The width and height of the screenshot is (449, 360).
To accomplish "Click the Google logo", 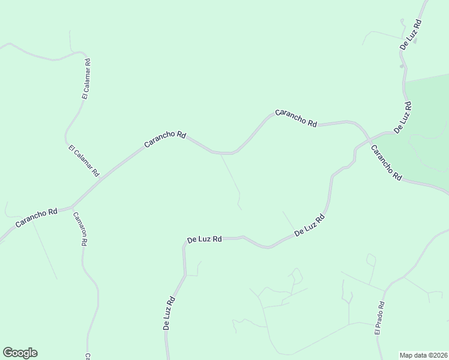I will [x=20, y=353].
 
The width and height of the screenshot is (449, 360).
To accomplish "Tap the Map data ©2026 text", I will [x=423, y=355].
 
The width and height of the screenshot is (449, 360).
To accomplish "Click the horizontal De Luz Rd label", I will [x=205, y=239].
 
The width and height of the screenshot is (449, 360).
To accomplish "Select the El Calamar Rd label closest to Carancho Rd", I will [x=83, y=161].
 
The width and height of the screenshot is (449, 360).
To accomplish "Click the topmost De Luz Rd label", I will [x=411, y=34].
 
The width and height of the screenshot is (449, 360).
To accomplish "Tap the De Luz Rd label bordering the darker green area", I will [x=402, y=117].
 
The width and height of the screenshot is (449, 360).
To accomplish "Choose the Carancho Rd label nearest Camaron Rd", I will [x=37, y=217].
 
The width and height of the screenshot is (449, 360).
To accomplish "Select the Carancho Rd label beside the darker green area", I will [x=386, y=163].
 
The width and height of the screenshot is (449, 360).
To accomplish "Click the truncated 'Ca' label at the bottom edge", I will [x=87, y=356].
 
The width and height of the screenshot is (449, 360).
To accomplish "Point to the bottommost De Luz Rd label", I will [x=169, y=313].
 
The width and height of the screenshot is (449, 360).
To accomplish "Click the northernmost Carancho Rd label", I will [x=296, y=117].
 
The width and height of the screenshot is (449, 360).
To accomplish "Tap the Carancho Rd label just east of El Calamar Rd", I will [x=165, y=140].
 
